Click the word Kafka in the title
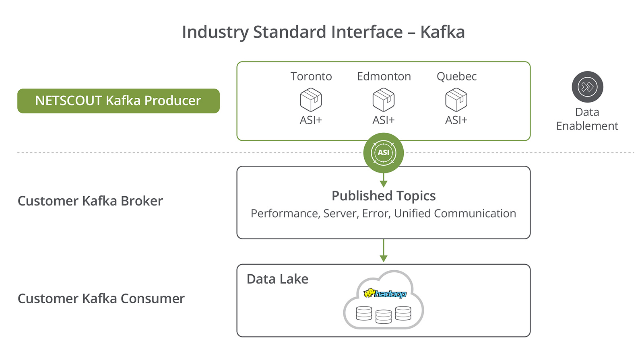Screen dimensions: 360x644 pyautogui.click(x=442, y=32)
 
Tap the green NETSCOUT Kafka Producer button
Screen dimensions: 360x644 pyautogui.click(x=118, y=101)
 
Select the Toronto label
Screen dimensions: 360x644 pyautogui.click(x=311, y=76)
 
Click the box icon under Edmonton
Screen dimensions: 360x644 pyautogui.click(x=384, y=100)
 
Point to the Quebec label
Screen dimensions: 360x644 pyautogui.click(x=456, y=76)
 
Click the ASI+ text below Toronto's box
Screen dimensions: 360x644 pyautogui.click(x=311, y=120)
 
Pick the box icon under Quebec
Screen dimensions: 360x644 pyautogui.click(x=456, y=100)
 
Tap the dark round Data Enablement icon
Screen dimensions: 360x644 pyautogui.click(x=587, y=87)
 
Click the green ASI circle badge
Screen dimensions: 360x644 pyautogui.click(x=384, y=153)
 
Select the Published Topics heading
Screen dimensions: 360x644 pyautogui.click(x=384, y=196)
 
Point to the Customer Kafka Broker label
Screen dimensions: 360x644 pyautogui.click(x=90, y=201)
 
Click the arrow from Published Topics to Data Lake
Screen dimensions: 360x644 pyautogui.click(x=384, y=251)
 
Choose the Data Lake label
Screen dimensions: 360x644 pyautogui.click(x=277, y=279)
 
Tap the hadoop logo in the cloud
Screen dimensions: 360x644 pyautogui.click(x=385, y=294)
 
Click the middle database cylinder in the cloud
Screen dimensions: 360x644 pyautogui.click(x=383, y=317)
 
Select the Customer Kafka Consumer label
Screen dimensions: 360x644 pyautogui.click(x=101, y=298)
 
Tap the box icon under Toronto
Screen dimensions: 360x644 pyautogui.click(x=311, y=100)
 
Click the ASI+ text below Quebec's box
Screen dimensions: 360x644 pyautogui.click(x=456, y=120)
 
